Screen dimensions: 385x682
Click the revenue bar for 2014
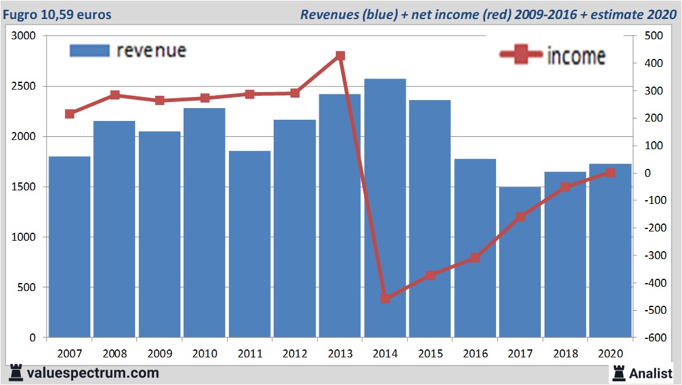pos(385,209)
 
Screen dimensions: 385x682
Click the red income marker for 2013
pos(341,56)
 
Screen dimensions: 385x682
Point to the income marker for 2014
pos(386,298)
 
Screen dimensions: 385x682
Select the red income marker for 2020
pos(610,173)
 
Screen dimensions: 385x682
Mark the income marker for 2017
pos(521,217)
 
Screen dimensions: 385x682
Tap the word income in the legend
pos(576,56)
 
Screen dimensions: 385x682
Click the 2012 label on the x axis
pos(295,354)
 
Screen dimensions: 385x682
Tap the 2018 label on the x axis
pos(565,354)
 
